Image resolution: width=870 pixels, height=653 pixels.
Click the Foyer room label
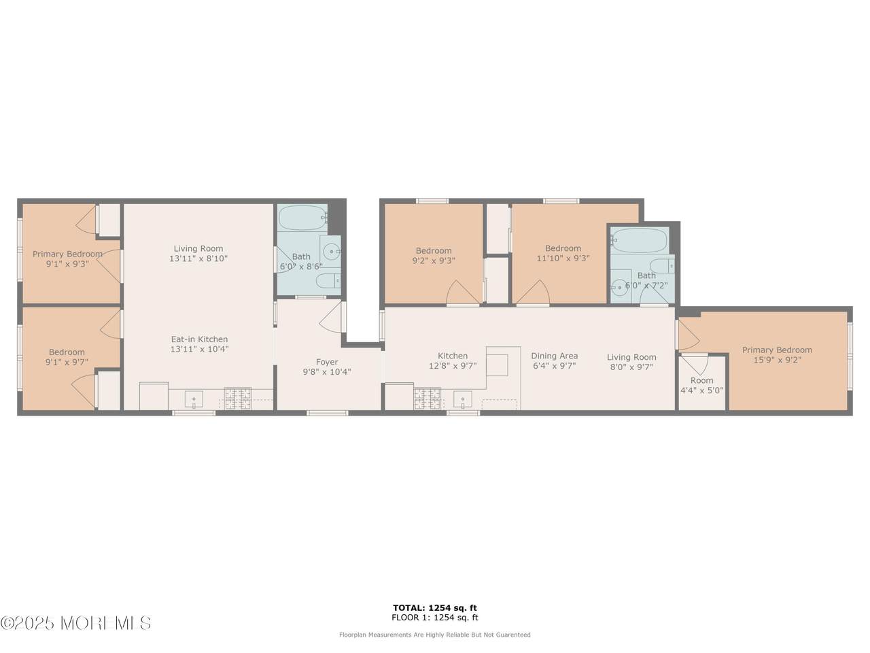coord(327,362)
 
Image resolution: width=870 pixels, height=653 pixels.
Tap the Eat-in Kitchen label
coord(199,339)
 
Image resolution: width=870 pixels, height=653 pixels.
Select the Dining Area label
coord(554,356)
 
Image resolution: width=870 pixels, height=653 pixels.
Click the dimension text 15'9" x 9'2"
coord(777,361)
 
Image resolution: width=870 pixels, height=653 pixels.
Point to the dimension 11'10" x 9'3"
coord(563,258)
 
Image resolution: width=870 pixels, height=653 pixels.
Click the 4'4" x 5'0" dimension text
coord(701,390)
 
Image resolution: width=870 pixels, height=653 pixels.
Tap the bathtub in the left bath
coord(303,218)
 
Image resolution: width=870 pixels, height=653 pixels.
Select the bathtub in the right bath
coord(639,240)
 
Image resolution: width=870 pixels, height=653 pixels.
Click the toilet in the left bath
coord(328,281)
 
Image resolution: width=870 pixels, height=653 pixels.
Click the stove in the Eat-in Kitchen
coord(238,399)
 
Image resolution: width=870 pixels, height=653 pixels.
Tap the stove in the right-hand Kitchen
coord(428,399)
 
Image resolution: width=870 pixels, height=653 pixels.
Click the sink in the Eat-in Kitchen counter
coord(194,399)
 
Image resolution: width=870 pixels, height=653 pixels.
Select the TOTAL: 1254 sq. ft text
coord(435,608)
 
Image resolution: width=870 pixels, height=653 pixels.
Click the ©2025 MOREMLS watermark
coord(75,623)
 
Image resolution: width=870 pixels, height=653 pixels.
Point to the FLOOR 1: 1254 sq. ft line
coord(435,618)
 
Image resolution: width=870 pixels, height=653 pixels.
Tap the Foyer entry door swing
coord(332,317)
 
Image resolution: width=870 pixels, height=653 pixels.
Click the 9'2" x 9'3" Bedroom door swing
coord(463,292)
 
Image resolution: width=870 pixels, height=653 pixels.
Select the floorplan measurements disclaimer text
coord(435,635)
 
